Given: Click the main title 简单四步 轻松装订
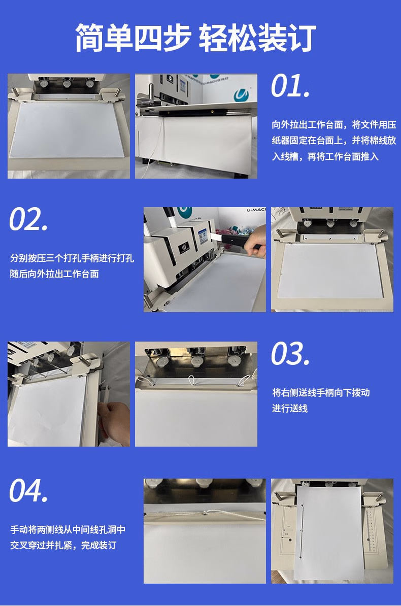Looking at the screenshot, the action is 195,38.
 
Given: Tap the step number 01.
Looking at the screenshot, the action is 290,86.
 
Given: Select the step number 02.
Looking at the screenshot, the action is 29,219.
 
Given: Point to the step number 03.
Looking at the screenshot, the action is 290,354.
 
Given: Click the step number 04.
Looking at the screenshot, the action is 29,490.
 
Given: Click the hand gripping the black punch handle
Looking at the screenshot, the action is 256,242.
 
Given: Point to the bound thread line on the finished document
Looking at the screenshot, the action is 302,531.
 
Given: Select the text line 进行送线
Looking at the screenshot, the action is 290,409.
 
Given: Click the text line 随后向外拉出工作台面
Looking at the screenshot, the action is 54,274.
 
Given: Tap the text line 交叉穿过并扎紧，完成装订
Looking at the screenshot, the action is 63,545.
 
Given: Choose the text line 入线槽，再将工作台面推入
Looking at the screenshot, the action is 325,156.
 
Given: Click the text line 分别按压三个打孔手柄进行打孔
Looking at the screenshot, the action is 72,258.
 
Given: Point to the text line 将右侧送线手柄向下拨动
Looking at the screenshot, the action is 321,393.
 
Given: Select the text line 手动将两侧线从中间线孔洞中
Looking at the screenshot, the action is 68,529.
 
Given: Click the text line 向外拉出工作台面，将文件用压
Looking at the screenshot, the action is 334,124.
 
